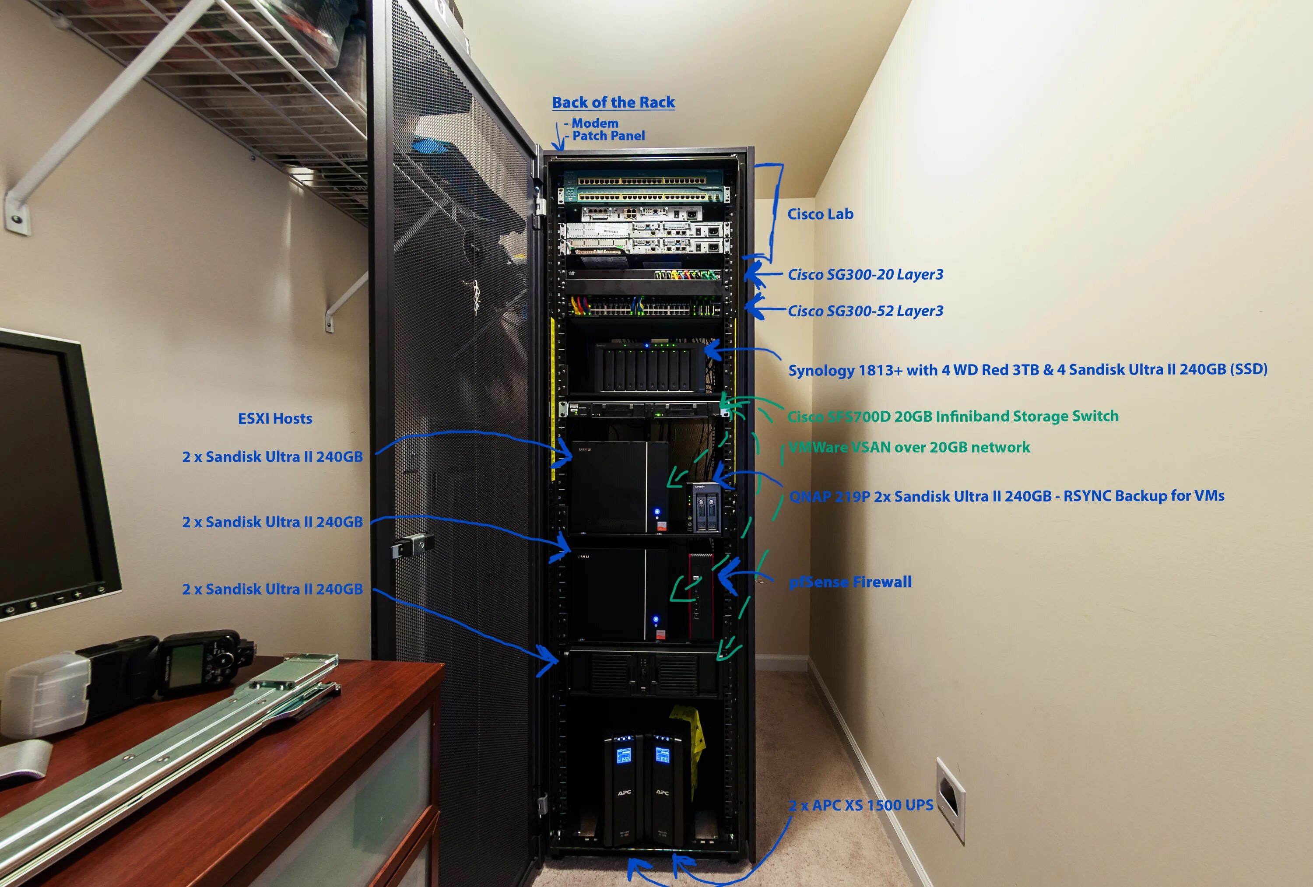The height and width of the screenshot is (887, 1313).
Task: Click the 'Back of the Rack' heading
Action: pos(613,102)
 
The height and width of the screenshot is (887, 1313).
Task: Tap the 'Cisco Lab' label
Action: pos(820,214)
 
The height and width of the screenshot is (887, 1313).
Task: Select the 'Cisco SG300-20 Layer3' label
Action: pos(865,274)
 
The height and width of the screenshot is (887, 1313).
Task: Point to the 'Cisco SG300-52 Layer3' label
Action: pos(865,311)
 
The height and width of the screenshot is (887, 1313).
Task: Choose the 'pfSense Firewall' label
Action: pos(850,582)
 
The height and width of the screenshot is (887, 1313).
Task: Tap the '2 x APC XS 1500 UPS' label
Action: pos(861,805)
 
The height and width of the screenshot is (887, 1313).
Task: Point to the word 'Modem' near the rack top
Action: pos(594,123)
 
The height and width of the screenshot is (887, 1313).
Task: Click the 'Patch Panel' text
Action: pos(608,136)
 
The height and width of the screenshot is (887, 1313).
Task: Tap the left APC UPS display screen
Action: pos(623,755)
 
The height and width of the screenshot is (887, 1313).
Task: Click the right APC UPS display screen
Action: pos(662,755)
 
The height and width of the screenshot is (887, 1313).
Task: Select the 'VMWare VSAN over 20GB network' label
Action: pos(909,448)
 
